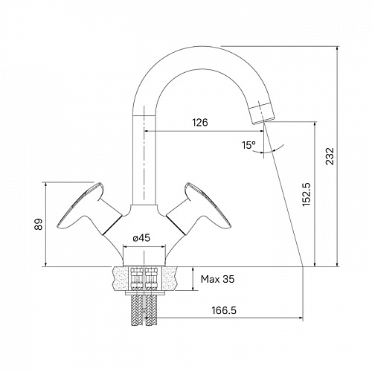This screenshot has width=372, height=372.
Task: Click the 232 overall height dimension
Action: coord(330,156)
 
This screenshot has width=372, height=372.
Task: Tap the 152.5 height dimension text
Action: coord(307,194)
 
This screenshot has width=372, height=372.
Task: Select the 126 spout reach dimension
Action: coord(200,123)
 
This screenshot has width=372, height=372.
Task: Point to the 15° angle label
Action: coord(248,145)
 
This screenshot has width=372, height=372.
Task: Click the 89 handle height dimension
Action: coord(39,224)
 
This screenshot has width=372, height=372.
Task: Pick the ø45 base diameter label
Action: coord(141,238)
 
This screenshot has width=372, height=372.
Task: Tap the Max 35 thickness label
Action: coord(217,279)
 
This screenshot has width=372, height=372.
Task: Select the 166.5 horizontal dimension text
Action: coord(224,310)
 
